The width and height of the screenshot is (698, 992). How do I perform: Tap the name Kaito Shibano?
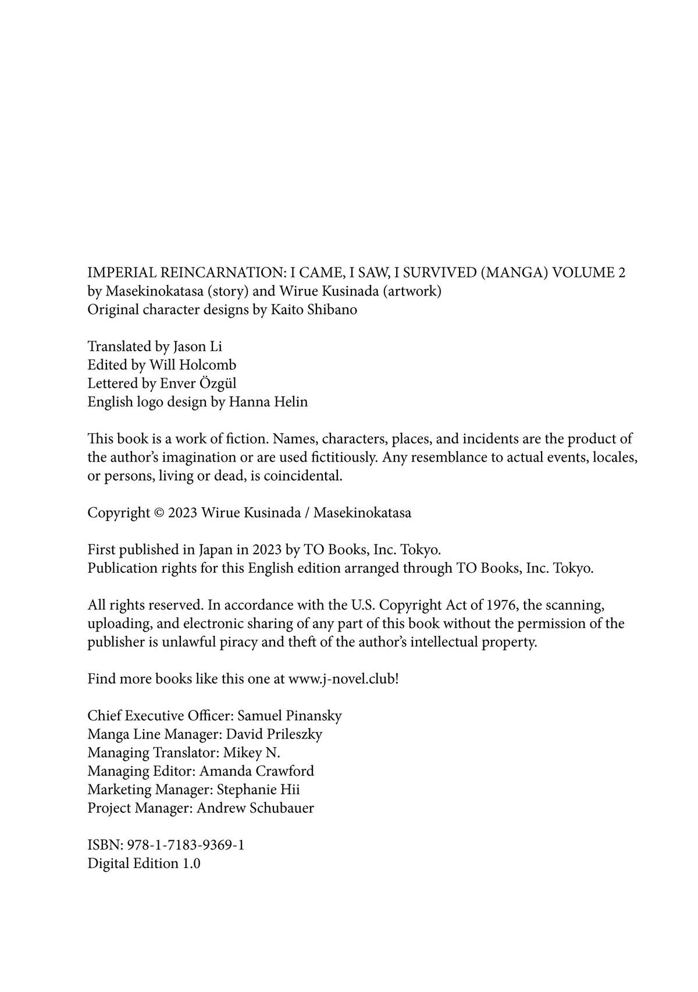(x=314, y=309)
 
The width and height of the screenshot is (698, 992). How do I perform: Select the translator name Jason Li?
(x=197, y=347)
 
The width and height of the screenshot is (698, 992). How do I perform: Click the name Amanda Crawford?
(x=257, y=772)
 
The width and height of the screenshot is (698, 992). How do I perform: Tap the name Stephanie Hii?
(x=258, y=790)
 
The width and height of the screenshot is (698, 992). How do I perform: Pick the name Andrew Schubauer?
(x=255, y=808)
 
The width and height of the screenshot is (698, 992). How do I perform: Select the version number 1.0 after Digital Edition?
(x=191, y=863)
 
